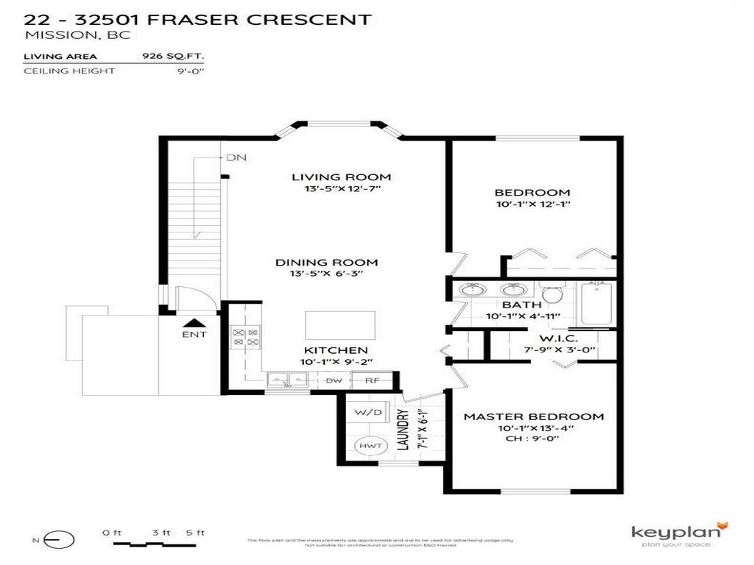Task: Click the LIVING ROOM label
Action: pos(341,177)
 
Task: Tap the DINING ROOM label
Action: pos(326,263)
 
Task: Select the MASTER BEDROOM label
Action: pos(533,416)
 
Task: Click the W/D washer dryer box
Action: pos(368,413)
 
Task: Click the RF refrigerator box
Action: pos(372,380)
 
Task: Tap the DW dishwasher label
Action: pos(334,380)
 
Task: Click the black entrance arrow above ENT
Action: pos(194,322)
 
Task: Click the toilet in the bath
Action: pos(551,293)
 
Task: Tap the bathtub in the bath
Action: pos(598,302)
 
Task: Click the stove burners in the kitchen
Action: pos(246,337)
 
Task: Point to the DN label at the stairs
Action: pos(236,157)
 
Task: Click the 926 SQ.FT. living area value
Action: pos(172,56)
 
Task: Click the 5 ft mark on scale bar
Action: pos(196,533)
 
